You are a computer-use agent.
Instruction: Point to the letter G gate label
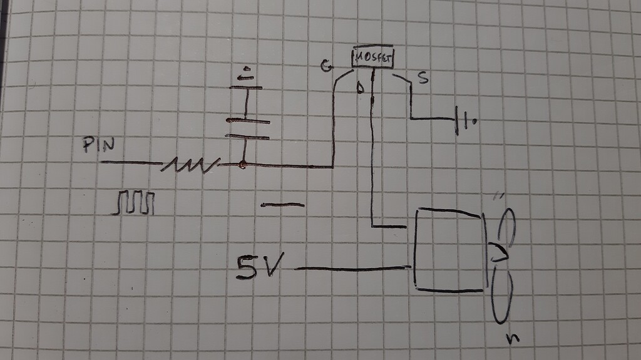point(326,66)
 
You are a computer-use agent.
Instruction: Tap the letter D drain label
point(360,88)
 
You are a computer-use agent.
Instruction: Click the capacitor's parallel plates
point(247,129)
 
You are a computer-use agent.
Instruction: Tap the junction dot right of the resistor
point(242,165)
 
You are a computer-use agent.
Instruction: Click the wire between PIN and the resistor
point(131,163)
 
